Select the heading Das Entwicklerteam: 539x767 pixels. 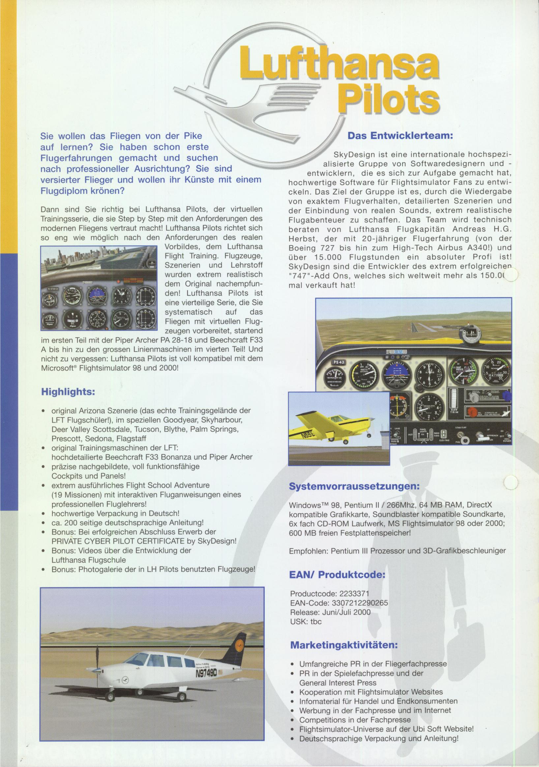400,136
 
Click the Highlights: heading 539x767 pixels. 68,392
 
